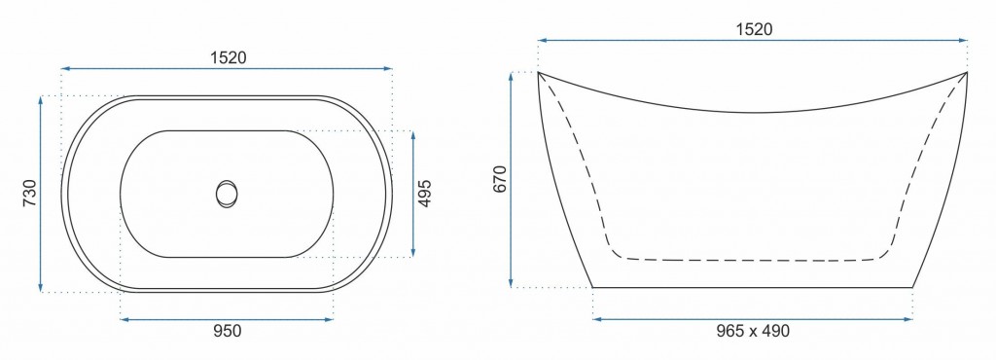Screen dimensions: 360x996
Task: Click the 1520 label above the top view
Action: click(227, 56)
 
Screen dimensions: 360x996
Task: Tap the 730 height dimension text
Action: click(29, 194)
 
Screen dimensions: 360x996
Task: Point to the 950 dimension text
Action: click(226, 331)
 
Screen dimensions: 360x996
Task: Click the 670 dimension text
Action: click(500, 180)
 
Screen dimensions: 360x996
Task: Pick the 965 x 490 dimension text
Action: click(752, 331)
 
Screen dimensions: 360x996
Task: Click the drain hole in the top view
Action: click(227, 193)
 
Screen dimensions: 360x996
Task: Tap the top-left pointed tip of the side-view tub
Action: click(539, 72)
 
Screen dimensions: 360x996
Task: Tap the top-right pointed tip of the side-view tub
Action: click(966, 72)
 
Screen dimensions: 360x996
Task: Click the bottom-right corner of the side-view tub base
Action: click(913, 287)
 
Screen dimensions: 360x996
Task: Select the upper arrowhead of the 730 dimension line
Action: click(41, 98)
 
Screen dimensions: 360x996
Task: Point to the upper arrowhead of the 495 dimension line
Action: click(413, 134)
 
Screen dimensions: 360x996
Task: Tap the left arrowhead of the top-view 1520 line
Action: click(65, 69)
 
